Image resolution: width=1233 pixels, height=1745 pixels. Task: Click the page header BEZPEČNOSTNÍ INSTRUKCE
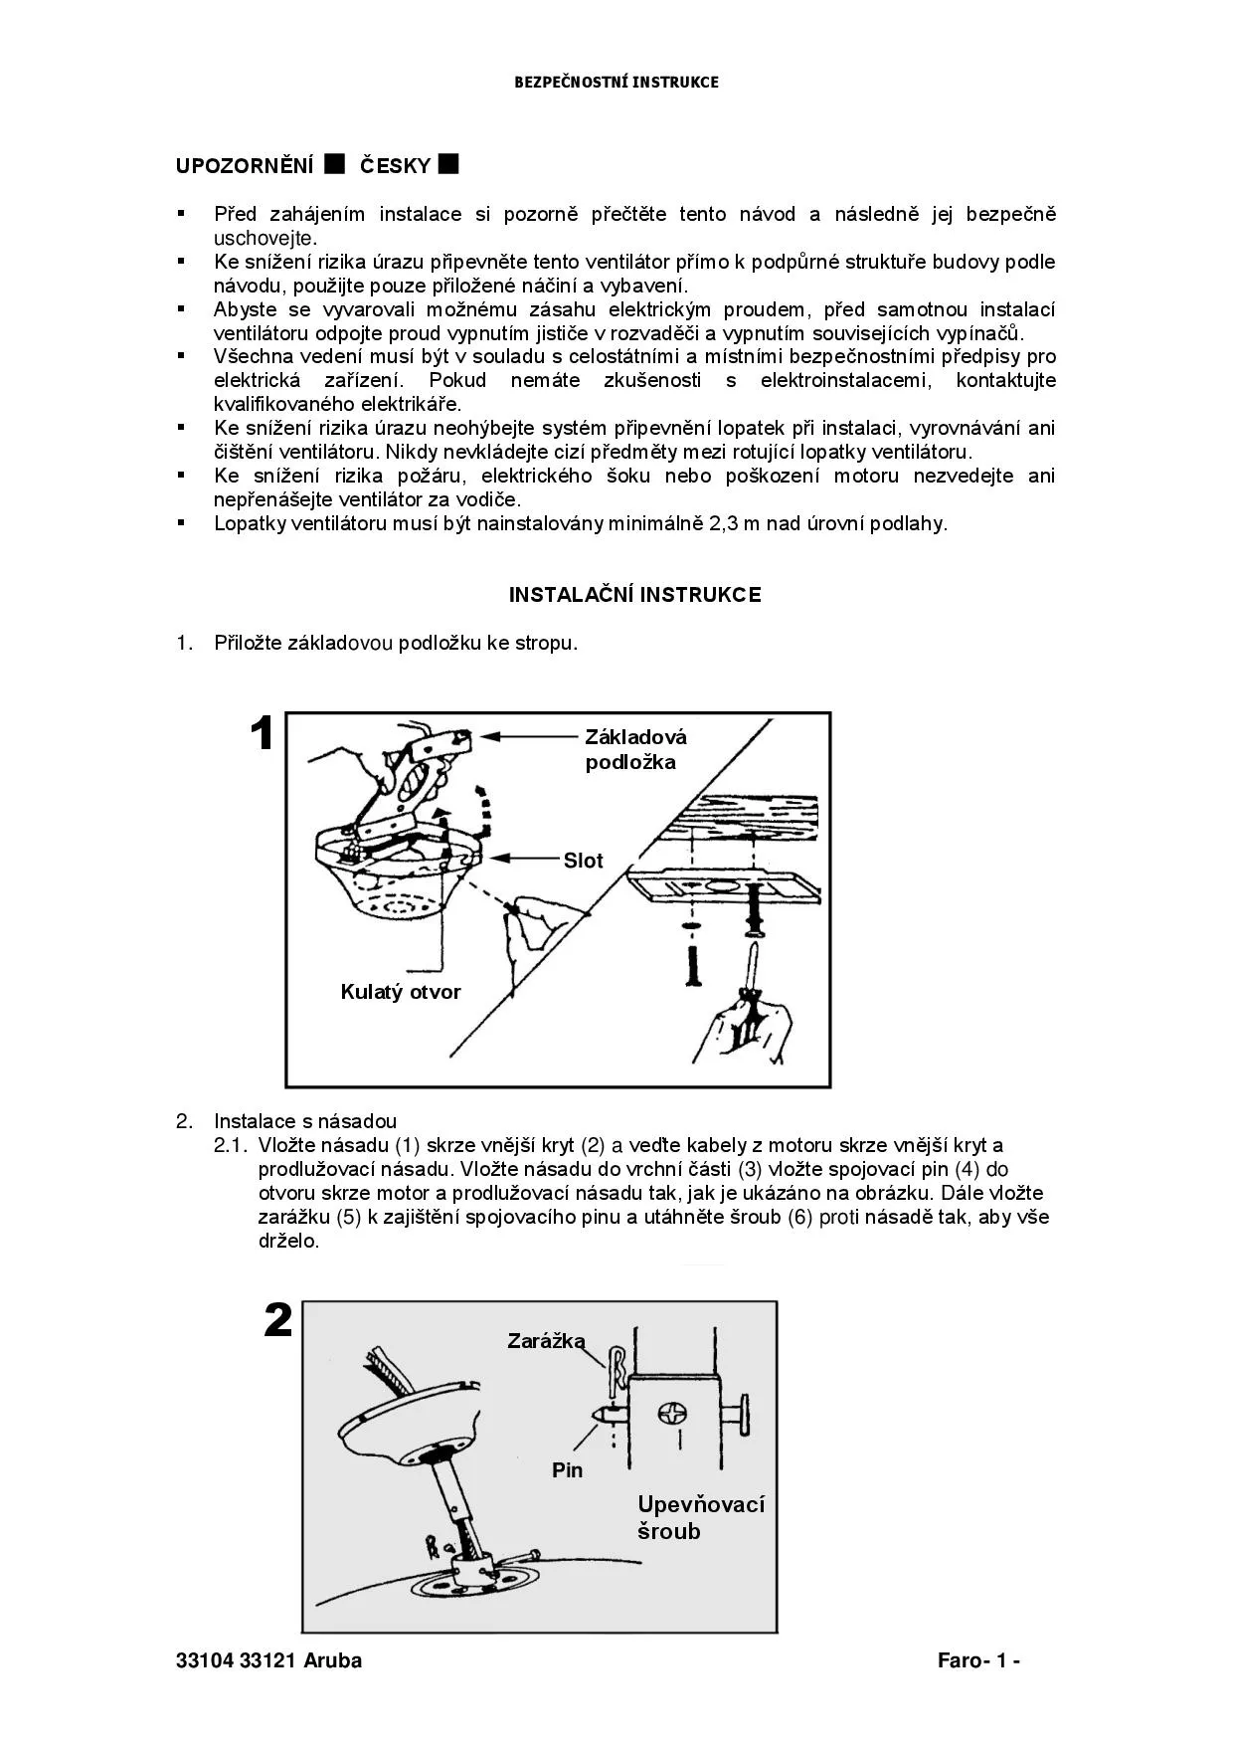pos(616,83)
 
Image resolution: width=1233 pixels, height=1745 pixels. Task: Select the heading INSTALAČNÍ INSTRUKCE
pos(634,595)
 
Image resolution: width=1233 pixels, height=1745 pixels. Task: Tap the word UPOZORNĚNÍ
pos(245,166)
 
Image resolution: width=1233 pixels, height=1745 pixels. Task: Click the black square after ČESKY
pos(448,163)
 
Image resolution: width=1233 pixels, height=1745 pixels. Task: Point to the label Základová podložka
pos(634,750)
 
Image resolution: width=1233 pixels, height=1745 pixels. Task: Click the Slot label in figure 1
pos(583,861)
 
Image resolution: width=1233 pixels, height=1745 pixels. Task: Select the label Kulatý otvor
pos(401,992)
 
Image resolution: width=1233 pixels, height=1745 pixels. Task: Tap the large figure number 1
pos(262,735)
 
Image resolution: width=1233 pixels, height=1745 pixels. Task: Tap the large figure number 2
pos(278,1321)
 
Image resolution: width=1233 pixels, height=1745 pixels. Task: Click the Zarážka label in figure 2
pos(546,1341)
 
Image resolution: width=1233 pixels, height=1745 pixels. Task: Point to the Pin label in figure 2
pos(568,1470)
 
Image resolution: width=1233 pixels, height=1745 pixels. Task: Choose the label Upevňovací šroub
pos(700,1517)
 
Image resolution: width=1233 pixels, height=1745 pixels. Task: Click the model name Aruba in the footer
pos(332,1660)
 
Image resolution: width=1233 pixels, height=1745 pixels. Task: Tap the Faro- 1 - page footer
pos(978,1660)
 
